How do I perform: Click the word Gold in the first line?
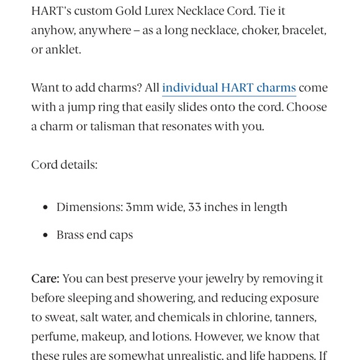(128, 11)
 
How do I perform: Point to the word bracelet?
(304, 30)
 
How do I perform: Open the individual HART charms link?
(228, 88)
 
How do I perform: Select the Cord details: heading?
(65, 164)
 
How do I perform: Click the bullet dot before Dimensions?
(45, 207)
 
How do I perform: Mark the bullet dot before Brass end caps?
(45, 235)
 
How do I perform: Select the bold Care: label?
(45, 279)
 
